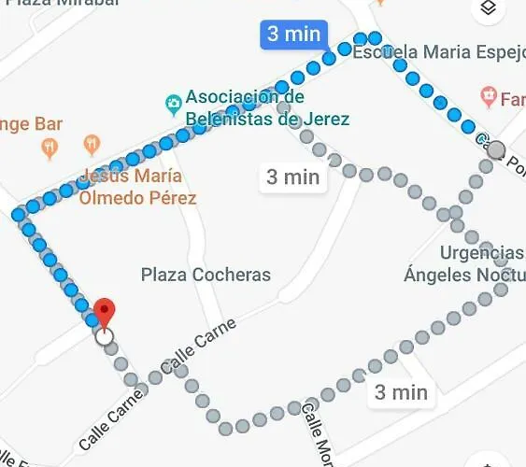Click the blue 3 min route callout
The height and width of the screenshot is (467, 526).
(293, 35)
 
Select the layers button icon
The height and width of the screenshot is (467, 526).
(487, 9)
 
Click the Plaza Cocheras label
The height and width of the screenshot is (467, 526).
(206, 275)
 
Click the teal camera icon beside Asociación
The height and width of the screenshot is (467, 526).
(172, 101)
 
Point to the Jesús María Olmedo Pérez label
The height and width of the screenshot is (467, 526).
(138, 187)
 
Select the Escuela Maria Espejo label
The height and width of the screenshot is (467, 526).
(438, 52)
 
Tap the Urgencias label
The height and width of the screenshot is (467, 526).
(482, 253)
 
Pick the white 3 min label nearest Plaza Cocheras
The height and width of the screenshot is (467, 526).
(292, 177)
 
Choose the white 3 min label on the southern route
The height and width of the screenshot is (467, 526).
(401, 392)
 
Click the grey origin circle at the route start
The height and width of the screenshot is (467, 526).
(497, 149)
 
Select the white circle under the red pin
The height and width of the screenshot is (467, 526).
(105, 336)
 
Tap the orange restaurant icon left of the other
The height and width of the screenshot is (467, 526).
(49, 147)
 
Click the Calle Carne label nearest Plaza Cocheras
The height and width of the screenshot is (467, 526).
(199, 346)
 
